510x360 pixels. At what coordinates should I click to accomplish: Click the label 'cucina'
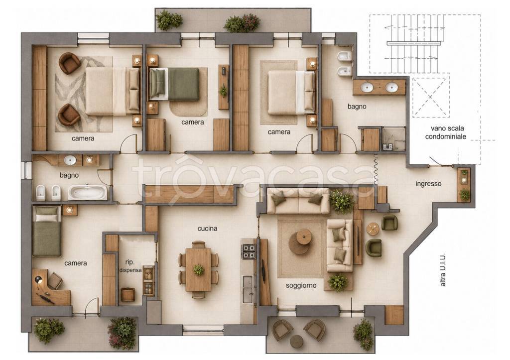click(x=207, y=229)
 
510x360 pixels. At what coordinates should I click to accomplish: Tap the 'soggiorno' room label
click(x=301, y=286)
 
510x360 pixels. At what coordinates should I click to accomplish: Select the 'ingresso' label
click(x=428, y=184)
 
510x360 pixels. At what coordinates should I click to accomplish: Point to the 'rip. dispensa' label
click(x=130, y=266)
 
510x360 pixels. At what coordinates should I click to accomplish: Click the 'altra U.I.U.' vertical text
click(x=443, y=270)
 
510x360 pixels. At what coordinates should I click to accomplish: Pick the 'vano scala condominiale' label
click(x=445, y=132)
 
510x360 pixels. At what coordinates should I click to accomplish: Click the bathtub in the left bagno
click(x=87, y=193)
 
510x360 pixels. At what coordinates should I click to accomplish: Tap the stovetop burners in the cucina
click(x=249, y=251)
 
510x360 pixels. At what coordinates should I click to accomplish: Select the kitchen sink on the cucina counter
click(x=248, y=284)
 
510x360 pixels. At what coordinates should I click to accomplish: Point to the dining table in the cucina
click(x=198, y=269)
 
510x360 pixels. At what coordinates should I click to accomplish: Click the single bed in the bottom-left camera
click(x=47, y=231)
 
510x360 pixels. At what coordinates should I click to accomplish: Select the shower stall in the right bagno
click(x=394, y=139)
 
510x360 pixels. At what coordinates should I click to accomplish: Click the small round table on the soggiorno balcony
click(x=297, y=341)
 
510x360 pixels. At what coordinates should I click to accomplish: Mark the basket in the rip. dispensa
click(x=127, y=294)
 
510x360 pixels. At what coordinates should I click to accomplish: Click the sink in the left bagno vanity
click(x=70, y=160)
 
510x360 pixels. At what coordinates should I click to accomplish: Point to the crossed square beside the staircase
click(x=431, y=97)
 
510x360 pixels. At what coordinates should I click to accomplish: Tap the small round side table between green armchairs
click(x=373, y=229)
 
